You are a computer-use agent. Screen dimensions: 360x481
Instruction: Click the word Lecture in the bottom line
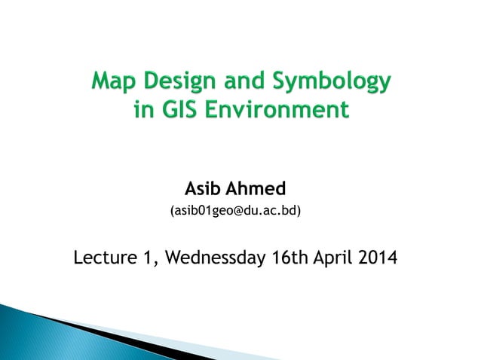coord(105,259)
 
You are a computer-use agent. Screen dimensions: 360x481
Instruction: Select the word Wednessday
coord(214,259)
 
